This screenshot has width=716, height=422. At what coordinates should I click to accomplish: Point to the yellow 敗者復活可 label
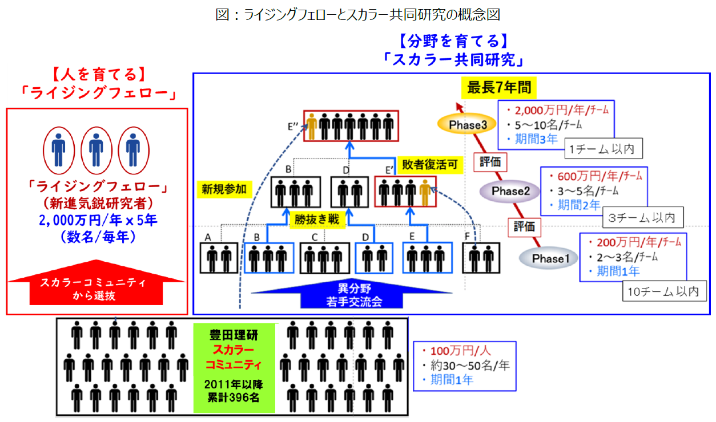tap(429, 165)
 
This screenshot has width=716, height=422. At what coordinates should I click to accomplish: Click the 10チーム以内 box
tap(663, 291)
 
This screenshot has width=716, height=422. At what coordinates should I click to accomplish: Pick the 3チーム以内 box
tap(642, 217)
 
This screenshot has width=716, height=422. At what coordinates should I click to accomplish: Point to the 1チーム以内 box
tap(602, 149)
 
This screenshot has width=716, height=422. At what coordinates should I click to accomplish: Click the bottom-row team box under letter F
tap(480, 258)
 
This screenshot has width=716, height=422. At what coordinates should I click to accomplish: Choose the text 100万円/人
tap(454, 351)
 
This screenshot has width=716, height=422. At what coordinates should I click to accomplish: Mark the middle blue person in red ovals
tap(96, 150)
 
